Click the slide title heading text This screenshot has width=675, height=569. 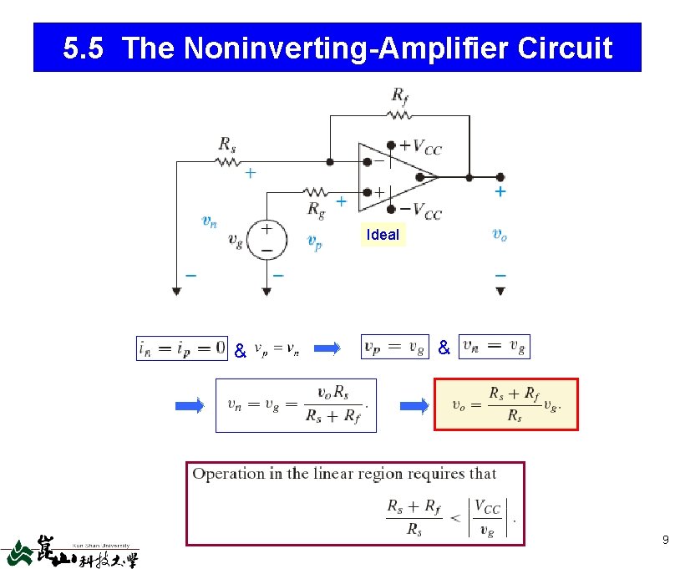point(337,48)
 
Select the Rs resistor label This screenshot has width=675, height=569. point(227,145)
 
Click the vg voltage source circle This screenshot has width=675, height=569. point(267,239)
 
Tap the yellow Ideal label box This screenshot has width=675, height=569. point(383,235)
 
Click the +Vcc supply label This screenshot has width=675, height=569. point(420,148)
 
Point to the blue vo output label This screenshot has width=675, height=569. point(500,235)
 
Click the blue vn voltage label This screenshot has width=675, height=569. point(210,221)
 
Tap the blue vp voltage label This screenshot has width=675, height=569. point(313,242)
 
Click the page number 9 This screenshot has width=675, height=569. point(665,540)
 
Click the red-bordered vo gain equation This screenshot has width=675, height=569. point(505,404)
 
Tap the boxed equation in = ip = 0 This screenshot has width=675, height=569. point(182,347)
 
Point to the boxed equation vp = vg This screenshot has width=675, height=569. point(394,347)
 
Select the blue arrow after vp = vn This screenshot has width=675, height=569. point(331,348)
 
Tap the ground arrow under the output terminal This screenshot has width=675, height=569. point(500,291)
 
